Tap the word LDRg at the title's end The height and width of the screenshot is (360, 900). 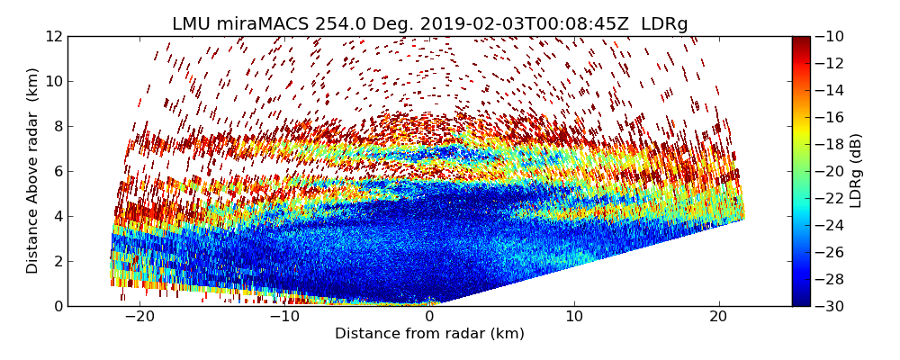pyautogui.click(x=664, y=24)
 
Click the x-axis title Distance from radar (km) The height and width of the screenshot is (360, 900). pyautogui.click(x=429, y=334)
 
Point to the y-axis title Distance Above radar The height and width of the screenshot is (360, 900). pyautogui.click(x=32, y=170)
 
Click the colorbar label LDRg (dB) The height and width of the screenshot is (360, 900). pyautogui.click(x=856, y=170)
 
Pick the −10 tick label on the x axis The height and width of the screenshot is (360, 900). pyautogui.click(x=283, y=317)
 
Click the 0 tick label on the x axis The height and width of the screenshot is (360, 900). pyautogui.click(x=429, y=317)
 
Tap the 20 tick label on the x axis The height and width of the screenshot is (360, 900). pyautogui.click(x=718, y=317)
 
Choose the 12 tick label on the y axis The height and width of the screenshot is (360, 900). pyautogui.click(x=53, y=36)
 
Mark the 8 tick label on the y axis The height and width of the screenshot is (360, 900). pyautogui.click(x=58, y=126)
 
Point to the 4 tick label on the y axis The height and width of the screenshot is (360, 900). pyautogui.click(x=58, y=216)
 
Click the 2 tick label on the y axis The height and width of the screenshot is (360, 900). pyautogui.click(x=58, y=261)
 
